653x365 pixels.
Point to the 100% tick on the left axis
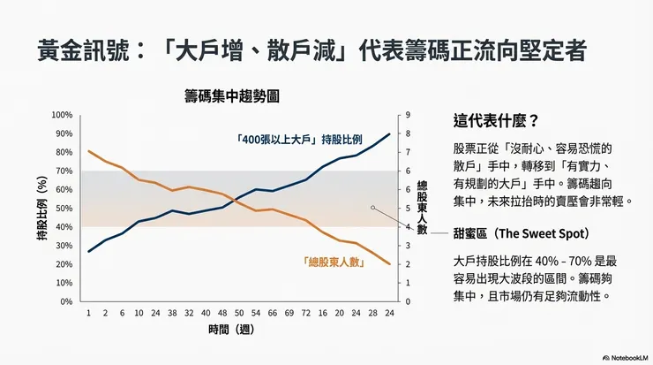point(62,115)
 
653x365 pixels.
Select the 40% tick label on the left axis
point(64,227)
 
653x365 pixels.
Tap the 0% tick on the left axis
point(66,301)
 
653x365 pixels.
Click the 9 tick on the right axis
point(406,115)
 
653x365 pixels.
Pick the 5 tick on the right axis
point(406,209)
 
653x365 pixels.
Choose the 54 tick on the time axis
point(256,314)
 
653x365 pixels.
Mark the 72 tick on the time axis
point(306,314)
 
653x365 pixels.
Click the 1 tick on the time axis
point(88,314)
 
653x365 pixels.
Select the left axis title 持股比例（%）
point(41,209)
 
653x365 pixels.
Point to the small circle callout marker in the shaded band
point(373,209)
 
